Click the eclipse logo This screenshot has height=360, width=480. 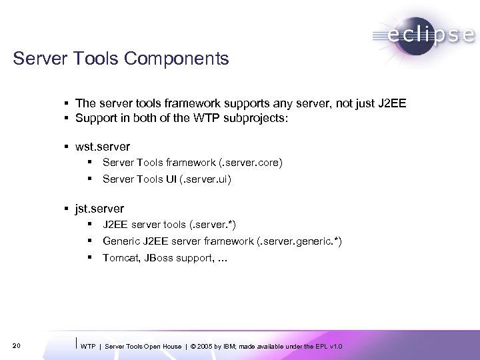point(424,34)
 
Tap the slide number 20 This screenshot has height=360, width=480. point(17,345)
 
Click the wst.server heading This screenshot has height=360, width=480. point(103,146)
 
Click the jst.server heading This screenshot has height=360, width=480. point(100,209)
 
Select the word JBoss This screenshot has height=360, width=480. point(157,258)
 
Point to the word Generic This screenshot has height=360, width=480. point(121,241)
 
